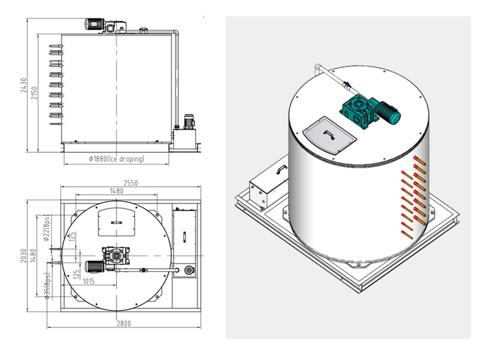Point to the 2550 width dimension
tap(129, 181)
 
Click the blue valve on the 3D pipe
tap(346, 85)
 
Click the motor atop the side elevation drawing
tap(95, 25)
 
